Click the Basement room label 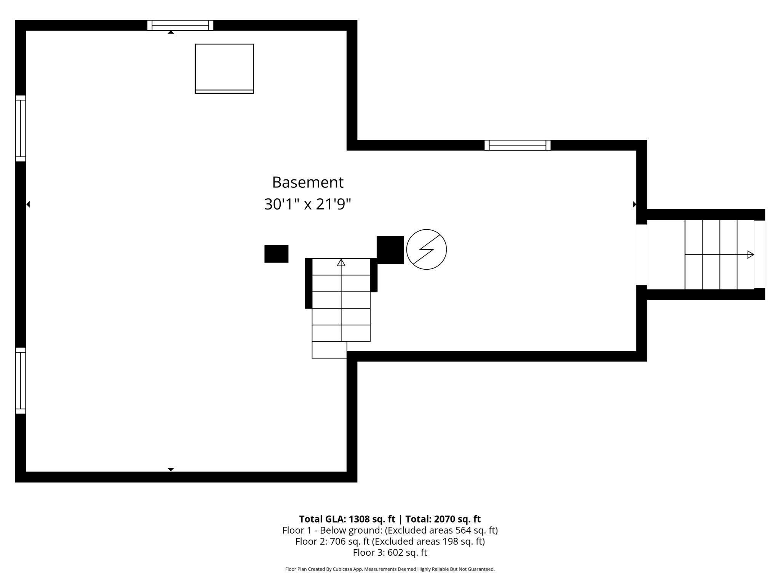point(308,182)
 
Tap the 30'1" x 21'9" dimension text point(307,205)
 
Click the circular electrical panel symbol point(426,249)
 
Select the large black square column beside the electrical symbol point(390,250)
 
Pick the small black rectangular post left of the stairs point(276,254)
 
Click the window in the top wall point(180,26)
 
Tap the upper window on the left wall point(21,128)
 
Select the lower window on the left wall point(21,380)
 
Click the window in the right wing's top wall point(517,145)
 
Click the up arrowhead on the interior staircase point(341,262)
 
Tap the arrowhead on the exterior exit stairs point(750,254)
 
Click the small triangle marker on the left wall point(28,205)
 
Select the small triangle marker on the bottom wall point(171,469)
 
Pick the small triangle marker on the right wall point(634,205)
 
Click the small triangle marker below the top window point(171,32)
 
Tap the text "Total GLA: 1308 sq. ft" point(347,519)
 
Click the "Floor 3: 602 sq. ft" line point(390,553)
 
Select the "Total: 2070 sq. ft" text point(443,519)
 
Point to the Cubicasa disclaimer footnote point(390,569)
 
